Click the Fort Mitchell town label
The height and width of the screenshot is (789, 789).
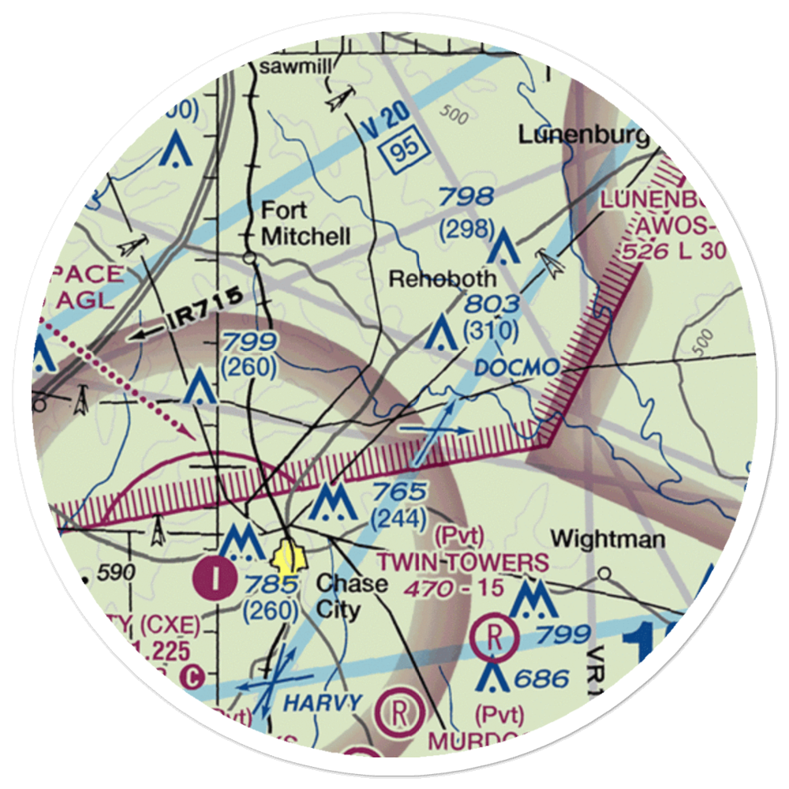(305, 223)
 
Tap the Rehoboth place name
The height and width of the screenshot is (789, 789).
(443, 279)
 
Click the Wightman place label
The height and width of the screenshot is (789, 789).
(608, 540)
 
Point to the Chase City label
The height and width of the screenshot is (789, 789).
(350, 596)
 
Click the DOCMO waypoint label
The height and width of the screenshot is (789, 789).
(517, 368)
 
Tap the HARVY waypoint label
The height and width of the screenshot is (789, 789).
(323, 701)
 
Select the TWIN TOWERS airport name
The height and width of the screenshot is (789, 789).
(462, 563)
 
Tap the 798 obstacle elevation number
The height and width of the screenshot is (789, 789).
(466, 196)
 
